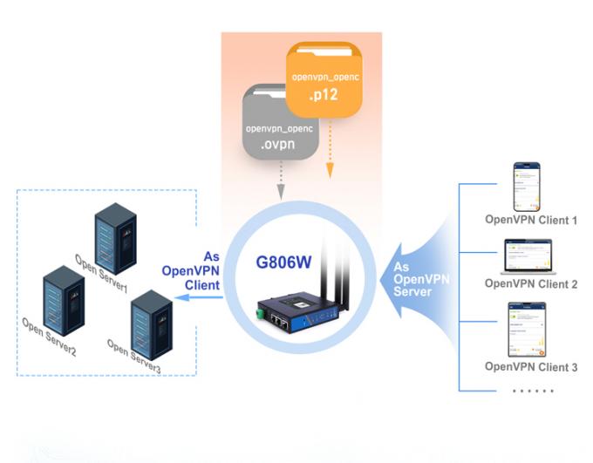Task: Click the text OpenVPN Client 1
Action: pos(531,220)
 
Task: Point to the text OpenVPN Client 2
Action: pos(531,283)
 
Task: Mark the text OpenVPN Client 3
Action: pos(531,367)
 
